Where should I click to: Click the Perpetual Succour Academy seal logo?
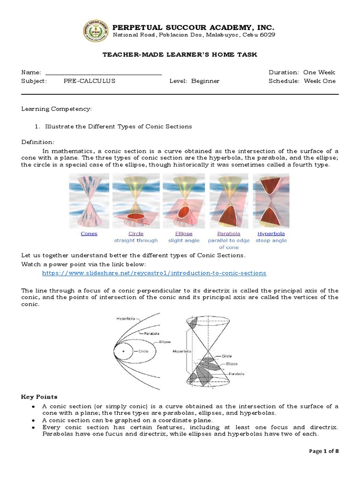coord(96,31)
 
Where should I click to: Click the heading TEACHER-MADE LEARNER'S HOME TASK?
coord(180,55)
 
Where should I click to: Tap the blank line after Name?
coord(103,73)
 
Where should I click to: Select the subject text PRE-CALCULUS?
coord(89,81)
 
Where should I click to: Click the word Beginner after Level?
coord(205,81)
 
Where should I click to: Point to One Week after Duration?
coord(319,73)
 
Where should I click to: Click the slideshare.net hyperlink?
coord(154,273)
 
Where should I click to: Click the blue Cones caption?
coord(89,233)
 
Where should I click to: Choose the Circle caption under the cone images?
coord(136,233)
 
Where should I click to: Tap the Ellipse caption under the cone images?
coord(184,233)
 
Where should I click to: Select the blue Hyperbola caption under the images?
coord(271,233)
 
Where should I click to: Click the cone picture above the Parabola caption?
coord(229,201)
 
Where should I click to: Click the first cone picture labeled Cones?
coord(89,201)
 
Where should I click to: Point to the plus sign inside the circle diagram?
coord(124,351)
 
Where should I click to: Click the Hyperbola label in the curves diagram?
coord(125,318)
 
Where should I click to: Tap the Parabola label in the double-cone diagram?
coord(237,374)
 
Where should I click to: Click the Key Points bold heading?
coord(39,397)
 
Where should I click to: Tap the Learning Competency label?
coord(57,109)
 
